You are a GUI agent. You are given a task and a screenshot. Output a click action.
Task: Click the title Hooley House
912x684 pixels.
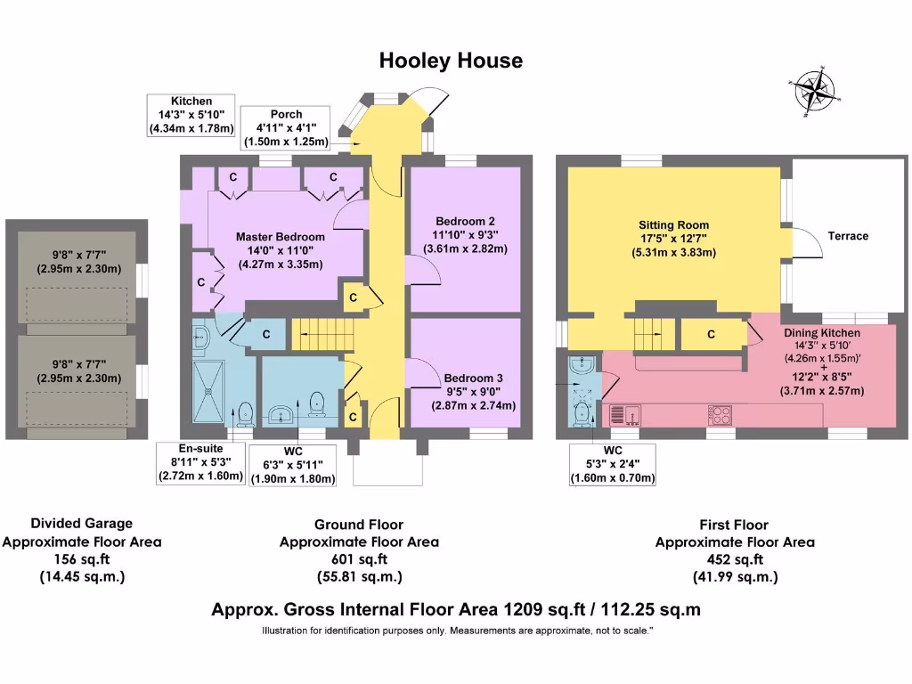pos(451,61)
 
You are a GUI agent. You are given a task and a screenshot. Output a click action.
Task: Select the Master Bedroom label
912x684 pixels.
pos(280,237)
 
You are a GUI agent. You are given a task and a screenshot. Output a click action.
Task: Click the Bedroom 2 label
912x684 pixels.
pos(465,221)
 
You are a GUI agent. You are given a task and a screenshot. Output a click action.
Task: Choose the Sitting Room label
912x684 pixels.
pos(673,225)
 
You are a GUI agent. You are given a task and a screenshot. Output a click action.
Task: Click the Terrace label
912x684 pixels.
pos(847,236)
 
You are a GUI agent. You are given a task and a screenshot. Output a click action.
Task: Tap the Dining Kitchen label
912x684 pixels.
pos(821,333)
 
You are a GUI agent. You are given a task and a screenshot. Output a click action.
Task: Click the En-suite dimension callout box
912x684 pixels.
pos(200,462)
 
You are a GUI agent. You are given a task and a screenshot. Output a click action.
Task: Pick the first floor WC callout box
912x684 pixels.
pos(612,464)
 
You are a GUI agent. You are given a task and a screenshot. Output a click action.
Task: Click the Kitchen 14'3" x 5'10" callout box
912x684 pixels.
pos(191,115)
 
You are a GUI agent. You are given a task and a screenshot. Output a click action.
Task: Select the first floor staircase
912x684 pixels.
pos(649,334)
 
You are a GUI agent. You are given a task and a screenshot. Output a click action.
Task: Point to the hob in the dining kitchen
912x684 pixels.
pos(721,414)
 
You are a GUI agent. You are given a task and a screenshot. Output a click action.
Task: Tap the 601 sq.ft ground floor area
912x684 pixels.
pos(359,559)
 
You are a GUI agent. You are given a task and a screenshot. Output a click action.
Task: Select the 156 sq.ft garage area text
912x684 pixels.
pos(82,558)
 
